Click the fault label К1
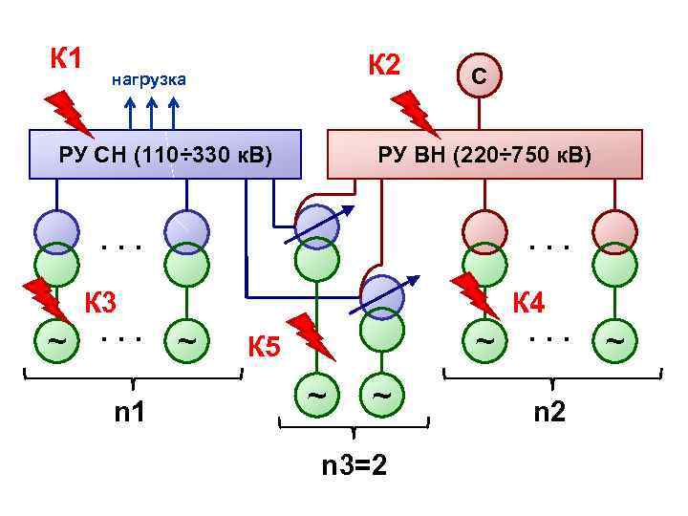pos(65,58)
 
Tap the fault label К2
pos(384,65)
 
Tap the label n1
pos(130,413)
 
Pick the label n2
pos(549,413)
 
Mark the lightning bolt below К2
pos(416,112)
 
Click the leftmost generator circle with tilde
pos(57,340)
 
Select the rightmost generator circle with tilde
pos(614,340)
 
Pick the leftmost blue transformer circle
pos(57,229)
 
